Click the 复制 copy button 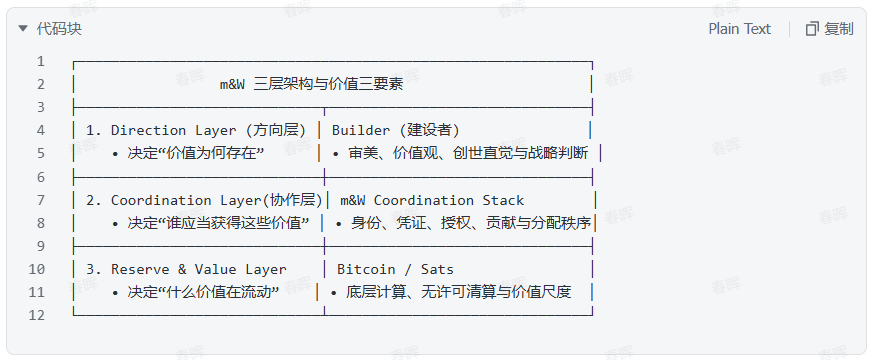[x=829, y=29]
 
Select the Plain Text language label [x=739, y=29]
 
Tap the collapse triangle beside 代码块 [x=23, y=28]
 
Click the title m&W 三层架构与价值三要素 [x=311, y=84]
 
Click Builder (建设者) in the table [x=396, y=131]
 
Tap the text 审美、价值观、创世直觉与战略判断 [x=468, y=153]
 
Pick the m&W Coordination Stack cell [x=432, y=200]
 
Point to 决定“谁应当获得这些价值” [x=218, y=223]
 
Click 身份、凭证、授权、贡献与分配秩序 [x=470, y=223]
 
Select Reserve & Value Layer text [x=199, y=269]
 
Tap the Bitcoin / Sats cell [x=396, y=269]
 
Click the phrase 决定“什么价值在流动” [x=203, y=292]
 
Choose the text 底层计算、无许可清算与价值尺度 [x=459, y=292]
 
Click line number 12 [x=37, y=315]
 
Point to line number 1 [x=41, y=61]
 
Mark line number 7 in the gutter [x=41, y=200]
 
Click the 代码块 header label [x=59, y=29]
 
